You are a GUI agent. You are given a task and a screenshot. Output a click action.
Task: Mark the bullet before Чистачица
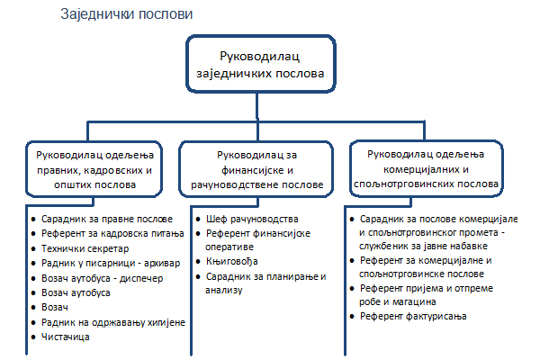coord(33,337)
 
